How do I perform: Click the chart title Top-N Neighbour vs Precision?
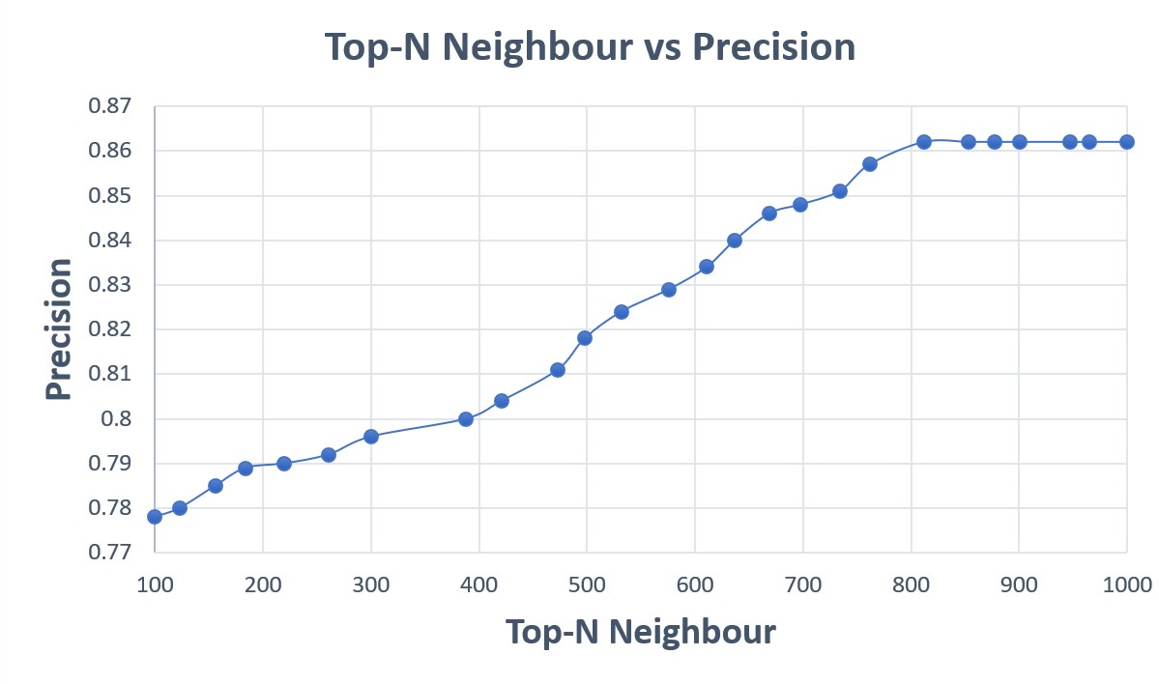[590, 47]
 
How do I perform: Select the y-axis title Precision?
[58, 328]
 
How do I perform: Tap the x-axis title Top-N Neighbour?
[640, 632]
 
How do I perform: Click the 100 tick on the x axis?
[155, 584]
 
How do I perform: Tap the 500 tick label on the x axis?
[587, 584]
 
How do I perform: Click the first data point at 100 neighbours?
[155, 517]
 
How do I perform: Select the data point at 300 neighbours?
[371, 436]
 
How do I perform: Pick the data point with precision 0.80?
[466, 419]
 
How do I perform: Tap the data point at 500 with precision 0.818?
[585, 338]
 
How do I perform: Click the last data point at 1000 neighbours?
[1127, 142]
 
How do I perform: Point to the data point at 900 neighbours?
[1020, 142]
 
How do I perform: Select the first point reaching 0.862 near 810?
[924, 142]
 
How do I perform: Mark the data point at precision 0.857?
[870, 164]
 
